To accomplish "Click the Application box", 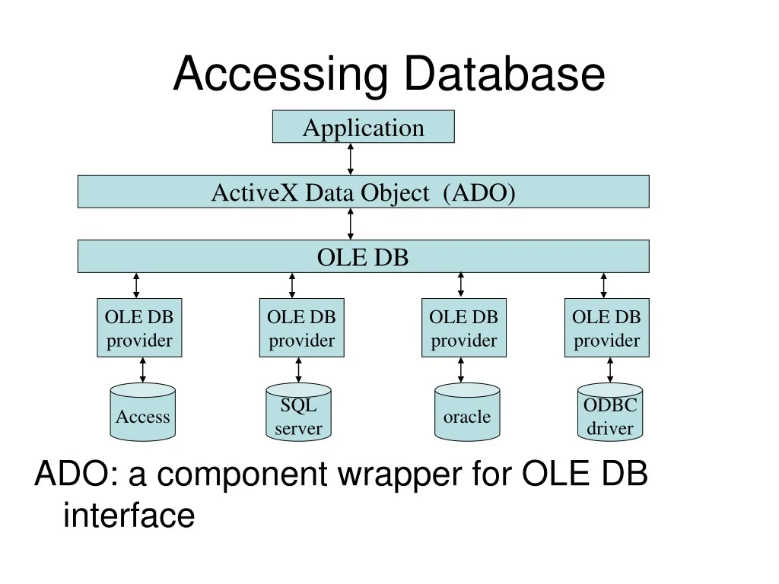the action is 363,127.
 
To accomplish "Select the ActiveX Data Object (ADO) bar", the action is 363,191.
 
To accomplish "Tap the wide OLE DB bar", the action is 363,256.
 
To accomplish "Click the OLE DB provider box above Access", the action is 139,328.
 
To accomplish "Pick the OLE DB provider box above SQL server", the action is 301,328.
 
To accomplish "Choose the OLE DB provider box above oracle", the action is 463,328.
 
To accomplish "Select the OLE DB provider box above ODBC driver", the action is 606,328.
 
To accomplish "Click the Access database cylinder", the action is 142,411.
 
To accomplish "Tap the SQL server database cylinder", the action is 298,411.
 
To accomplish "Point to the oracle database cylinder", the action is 467,411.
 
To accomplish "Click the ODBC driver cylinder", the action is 610,411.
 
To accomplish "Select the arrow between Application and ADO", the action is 350,159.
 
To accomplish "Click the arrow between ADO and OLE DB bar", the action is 350,224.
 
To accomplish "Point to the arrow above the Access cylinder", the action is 142,370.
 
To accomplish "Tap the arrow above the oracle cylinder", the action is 460,370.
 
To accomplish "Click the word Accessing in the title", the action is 280,75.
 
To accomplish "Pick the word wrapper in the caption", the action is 400,474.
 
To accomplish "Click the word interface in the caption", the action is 129,515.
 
